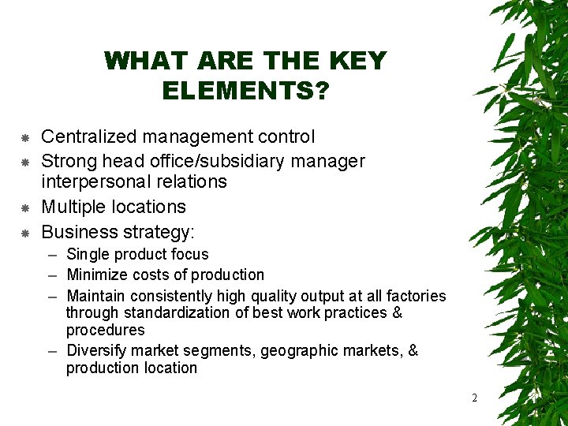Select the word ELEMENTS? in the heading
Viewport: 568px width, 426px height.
[x=245, y=91]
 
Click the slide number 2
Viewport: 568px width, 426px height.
[x=474, y=398]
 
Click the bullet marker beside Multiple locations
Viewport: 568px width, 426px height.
[x=24, y=208]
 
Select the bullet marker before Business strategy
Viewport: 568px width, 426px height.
[x=24, y=234]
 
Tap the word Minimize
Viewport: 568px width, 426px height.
[x=98, y=275]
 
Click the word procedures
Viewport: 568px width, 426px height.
[x=106, y=330]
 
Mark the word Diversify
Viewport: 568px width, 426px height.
[x=99, y=350]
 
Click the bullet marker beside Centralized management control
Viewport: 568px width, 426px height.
[x=24, y=138]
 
